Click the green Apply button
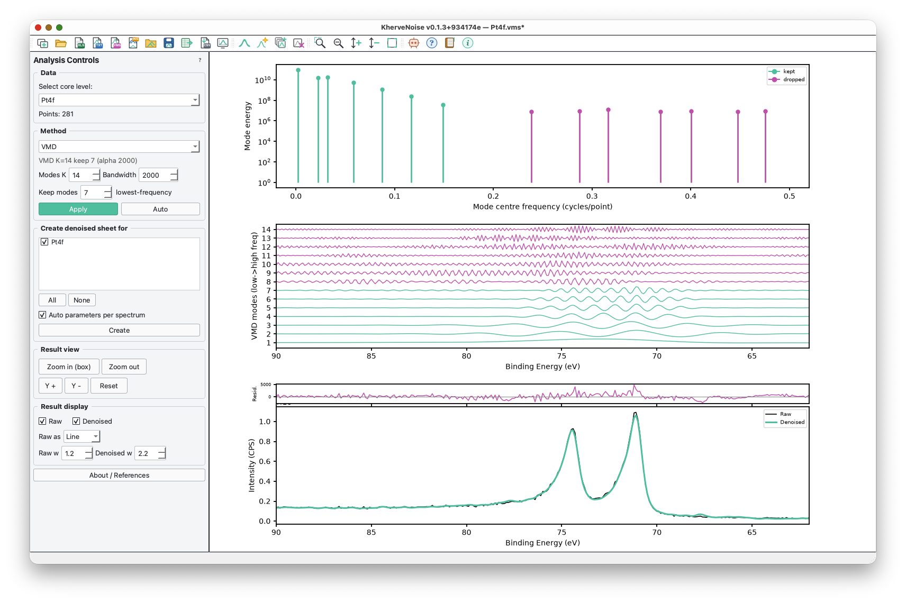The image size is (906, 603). point(78,209)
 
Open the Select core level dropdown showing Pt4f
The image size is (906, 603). point(119,100)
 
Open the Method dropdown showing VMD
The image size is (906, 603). point(119,147)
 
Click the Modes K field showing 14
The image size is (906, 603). point(84,175)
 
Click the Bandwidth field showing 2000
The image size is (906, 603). point(158,175)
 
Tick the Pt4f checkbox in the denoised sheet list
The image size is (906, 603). point(44,242)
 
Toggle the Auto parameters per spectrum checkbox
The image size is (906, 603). point(42,315)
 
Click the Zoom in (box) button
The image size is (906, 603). point(69,367)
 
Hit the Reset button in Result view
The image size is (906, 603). point(109,386)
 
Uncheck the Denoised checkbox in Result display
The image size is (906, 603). point(76,421)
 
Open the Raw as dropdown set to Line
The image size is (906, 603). point(81,436)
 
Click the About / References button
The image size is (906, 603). point(119,475)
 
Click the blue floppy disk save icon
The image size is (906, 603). point(169,43)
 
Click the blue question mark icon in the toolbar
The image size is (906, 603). point(431,43)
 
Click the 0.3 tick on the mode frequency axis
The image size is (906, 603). point(592,196)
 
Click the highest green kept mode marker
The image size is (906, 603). point(298,70)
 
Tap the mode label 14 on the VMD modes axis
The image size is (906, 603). point(266,230)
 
